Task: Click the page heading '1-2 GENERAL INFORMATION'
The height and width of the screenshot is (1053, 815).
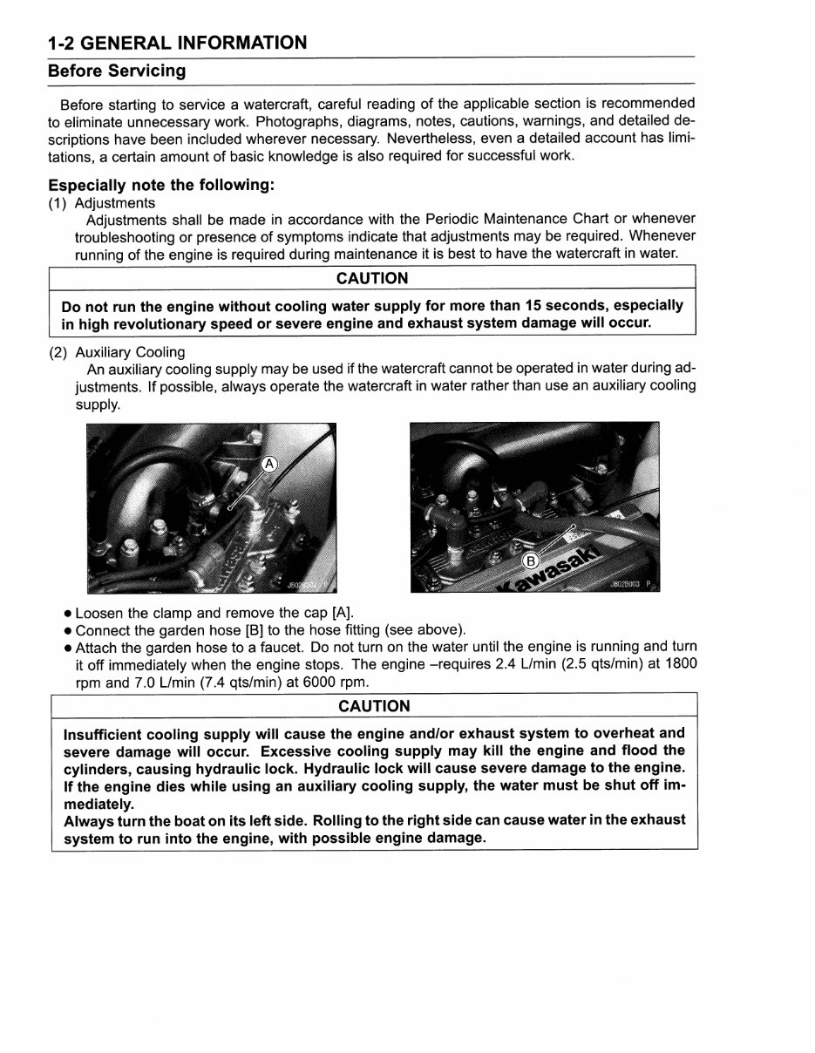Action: [x=177, y=43]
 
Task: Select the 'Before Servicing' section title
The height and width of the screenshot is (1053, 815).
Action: [x=117, y=71]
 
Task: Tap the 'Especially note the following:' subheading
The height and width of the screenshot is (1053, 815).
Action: [x=161, y=185]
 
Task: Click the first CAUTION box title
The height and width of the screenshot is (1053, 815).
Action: [x=372, y=278]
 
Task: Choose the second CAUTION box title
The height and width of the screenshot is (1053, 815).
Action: [x=374, y=706]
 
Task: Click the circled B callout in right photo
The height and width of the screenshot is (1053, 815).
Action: [x=531, y=560]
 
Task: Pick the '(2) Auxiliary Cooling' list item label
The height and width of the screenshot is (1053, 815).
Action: [x=117, y=352]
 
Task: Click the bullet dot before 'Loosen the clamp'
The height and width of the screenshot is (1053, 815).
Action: [x=67, y=614]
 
